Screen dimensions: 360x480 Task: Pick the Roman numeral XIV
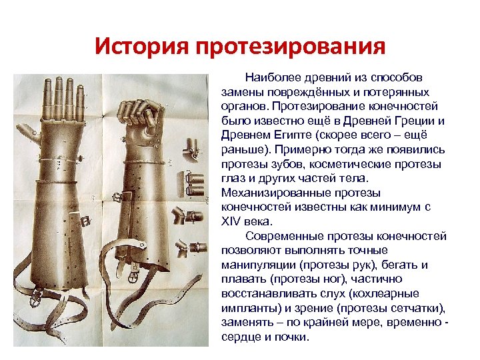[x=230, y=222]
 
